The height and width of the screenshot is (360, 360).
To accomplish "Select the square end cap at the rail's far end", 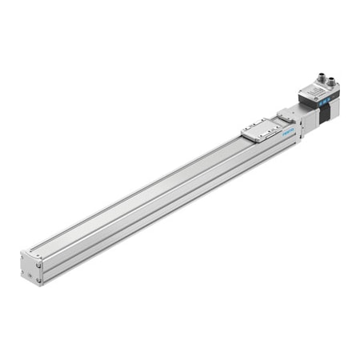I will [x=31, y=267].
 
